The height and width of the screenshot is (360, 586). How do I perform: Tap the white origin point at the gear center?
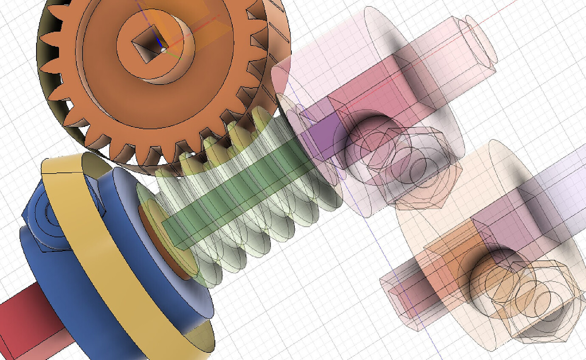[164, 50]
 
